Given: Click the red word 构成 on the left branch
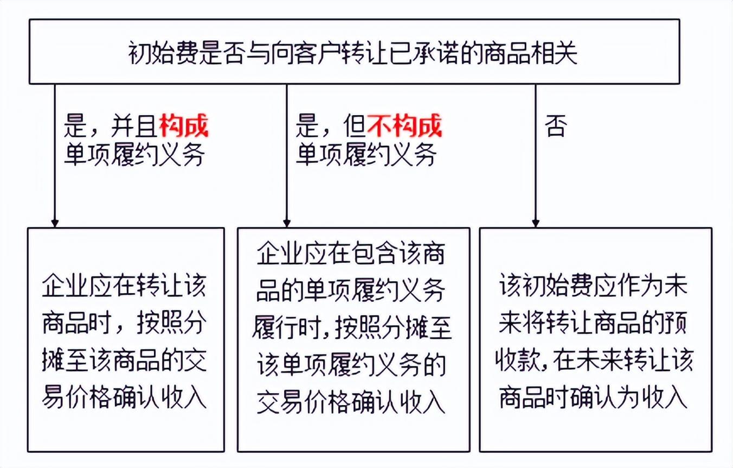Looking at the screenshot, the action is (184, 127).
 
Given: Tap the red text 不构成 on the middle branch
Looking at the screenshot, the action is (405, 127).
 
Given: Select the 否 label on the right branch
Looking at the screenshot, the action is (555, 127).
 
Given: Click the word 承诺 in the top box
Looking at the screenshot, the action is (432, 54).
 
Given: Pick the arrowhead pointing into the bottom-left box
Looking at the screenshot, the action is (54, 223).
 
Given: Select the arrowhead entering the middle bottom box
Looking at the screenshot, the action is (287, 223).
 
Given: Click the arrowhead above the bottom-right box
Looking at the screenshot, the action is (536, 223).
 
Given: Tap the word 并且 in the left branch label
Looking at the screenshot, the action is (133, 127).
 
